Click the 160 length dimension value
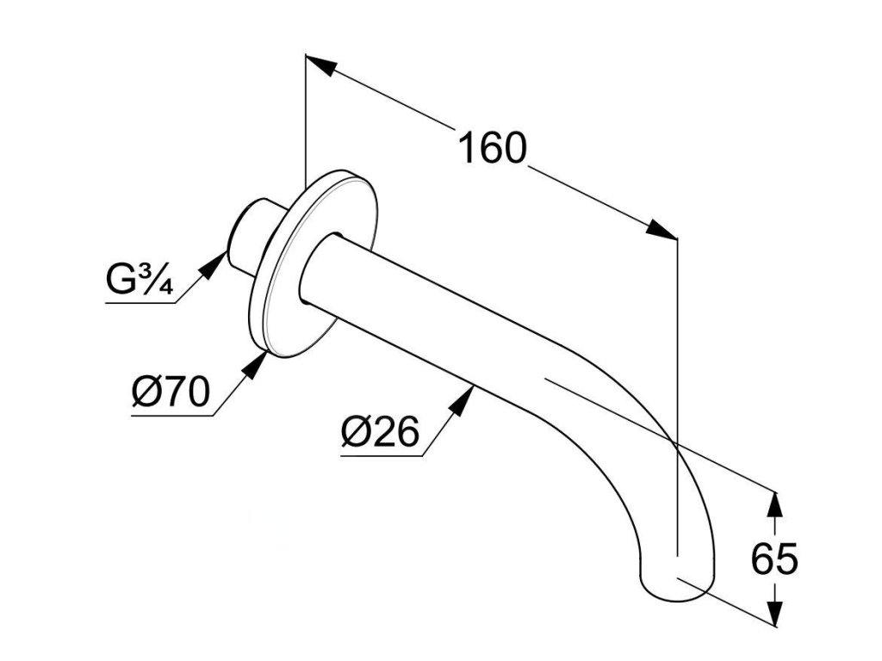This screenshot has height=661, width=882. pos(491,148)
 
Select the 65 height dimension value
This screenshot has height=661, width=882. pos(774,560)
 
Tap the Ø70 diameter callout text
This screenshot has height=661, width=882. pos(171,393)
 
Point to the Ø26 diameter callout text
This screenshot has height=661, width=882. pos(379,432)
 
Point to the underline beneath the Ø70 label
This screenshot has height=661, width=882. pos(172,417)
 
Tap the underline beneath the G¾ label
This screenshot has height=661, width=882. pos(138,302)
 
